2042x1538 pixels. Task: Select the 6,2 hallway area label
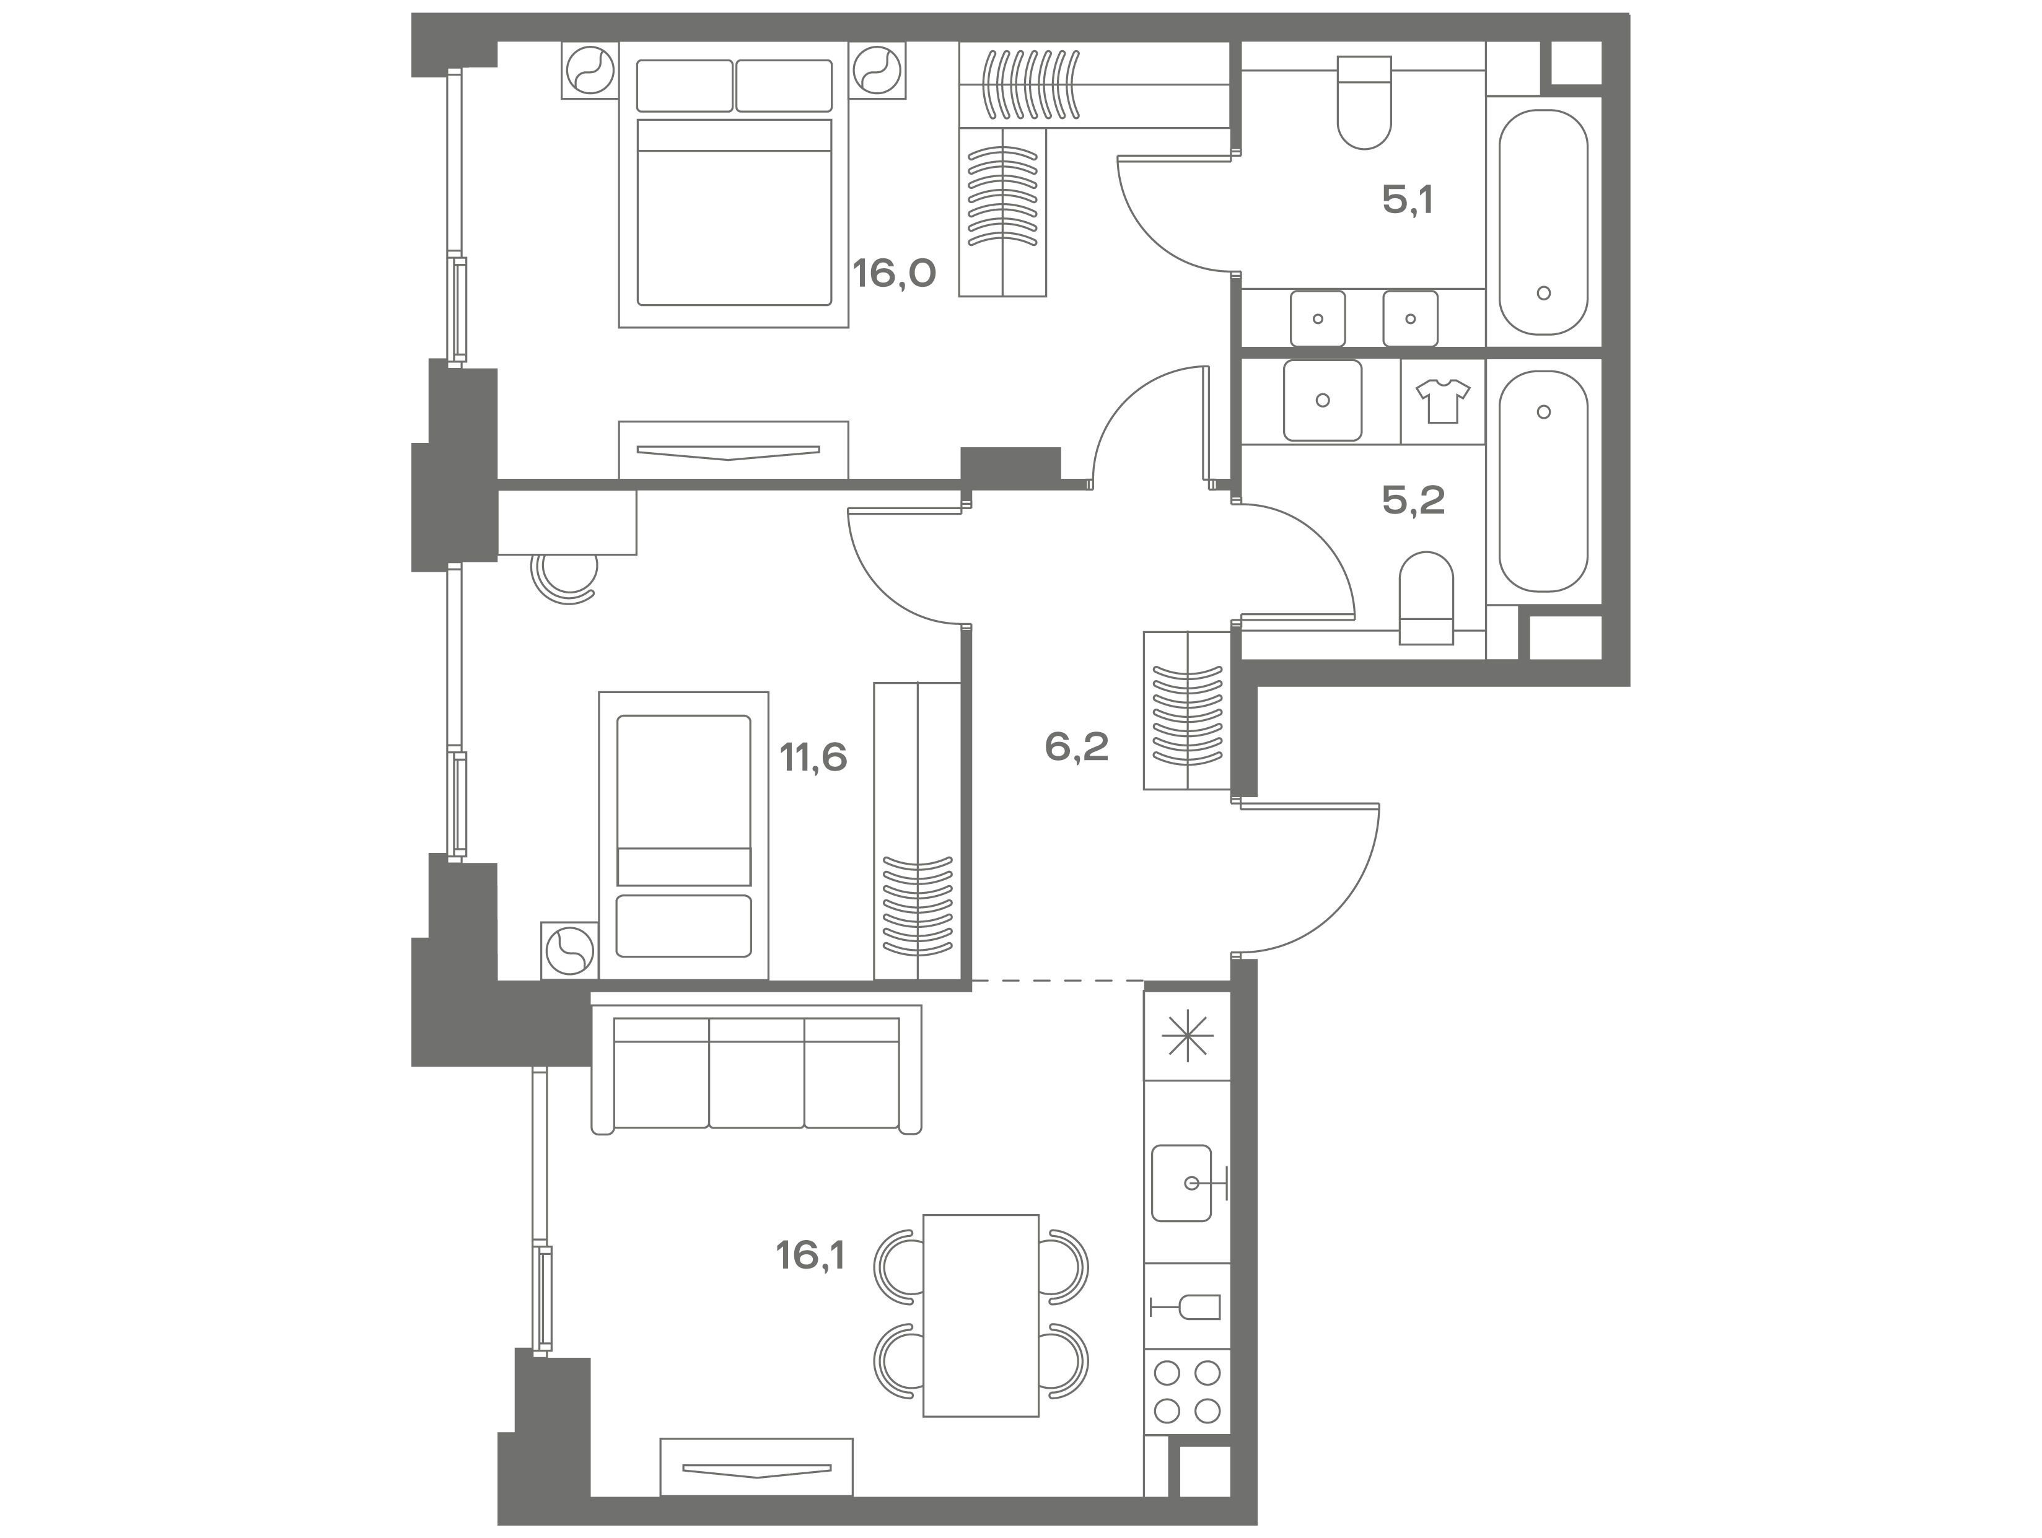tap(1076, 746)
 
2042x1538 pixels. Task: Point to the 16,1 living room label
tap(810, 1256)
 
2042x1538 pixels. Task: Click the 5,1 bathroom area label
tap(1408, 199)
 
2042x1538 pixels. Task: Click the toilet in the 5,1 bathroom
tap(1364, 102)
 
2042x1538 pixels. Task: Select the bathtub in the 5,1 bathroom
tap(1543, 222)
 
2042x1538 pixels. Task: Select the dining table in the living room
tap(981, 1316)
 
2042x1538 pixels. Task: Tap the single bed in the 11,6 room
tap(683, 836)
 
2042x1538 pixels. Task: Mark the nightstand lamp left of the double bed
tap(590, 70)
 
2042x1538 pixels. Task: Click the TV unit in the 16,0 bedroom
tap(733, 450)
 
